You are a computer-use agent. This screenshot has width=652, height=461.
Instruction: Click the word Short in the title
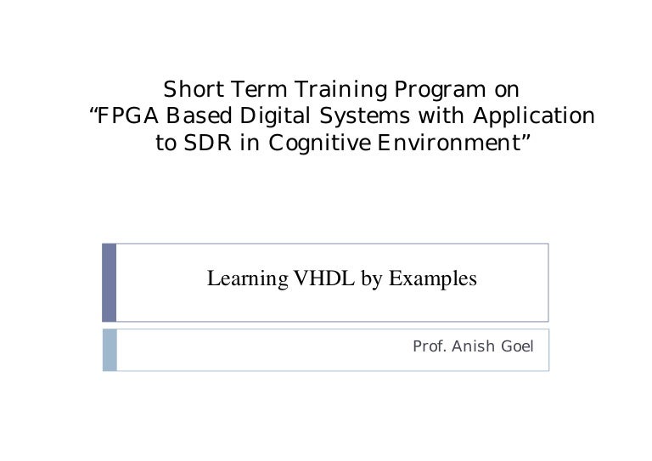pos(194,89)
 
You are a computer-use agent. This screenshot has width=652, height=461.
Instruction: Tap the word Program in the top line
pos(440,90)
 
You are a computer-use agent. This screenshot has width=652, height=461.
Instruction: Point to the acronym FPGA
pos(127,115)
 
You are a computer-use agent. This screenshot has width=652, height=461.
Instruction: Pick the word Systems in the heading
pos(365,116)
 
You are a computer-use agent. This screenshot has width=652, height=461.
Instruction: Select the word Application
pos(534,116)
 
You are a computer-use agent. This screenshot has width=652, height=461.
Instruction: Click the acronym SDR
pos(207,143)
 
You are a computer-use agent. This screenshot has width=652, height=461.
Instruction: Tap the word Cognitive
pos(319,143)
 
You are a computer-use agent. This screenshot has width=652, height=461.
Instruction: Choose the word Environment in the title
pos(449,143)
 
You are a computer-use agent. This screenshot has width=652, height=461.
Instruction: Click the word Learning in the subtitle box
pos(247,279)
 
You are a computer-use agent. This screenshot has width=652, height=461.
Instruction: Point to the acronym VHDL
pos(324,278)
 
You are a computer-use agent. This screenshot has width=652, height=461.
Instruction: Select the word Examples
pos(432,279)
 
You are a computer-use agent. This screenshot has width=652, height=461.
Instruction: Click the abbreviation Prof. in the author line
pos(430,346)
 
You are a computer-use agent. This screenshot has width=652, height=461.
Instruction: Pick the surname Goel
pos(517,346)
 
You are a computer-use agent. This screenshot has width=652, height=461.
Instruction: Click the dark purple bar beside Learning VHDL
pos(109,283)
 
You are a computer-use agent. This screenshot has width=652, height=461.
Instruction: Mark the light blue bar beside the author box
pos(110,350)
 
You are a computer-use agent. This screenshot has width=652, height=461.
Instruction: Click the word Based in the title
pos(199,115)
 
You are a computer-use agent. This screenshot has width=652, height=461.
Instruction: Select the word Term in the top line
pos(259,89)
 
